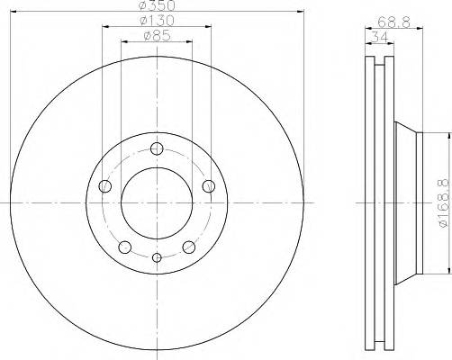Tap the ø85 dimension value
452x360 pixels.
[x=158, y=38]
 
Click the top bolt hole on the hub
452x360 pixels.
[x=157, y=149]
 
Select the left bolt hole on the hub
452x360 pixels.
[x=104, y=186]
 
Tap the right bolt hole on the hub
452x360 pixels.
[x=210, y=186]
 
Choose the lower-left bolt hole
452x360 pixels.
[x=125, y=247]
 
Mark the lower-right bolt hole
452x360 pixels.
[x=189, y=247]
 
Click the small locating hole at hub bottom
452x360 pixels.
[x=157, y=259]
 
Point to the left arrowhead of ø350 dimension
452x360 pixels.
[x=12, y=13]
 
